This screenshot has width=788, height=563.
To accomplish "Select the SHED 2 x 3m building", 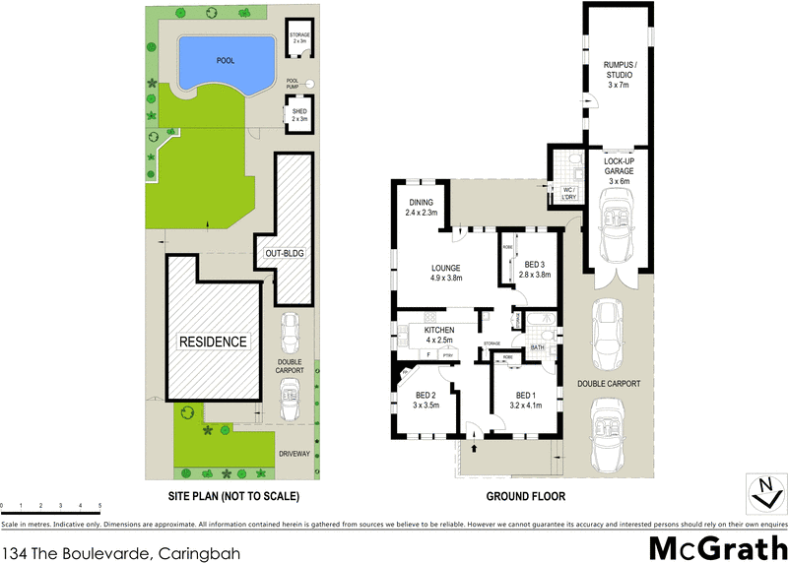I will pos(299,114).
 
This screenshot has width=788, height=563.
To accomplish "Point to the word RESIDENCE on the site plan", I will pos(212,342).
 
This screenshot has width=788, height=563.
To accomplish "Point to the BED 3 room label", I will pos(532,268).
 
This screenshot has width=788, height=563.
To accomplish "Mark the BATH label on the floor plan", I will pos(538,347).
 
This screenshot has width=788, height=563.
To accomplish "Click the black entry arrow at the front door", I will pos(474,449).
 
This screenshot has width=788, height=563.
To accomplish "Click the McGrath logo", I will pos(715,546).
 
